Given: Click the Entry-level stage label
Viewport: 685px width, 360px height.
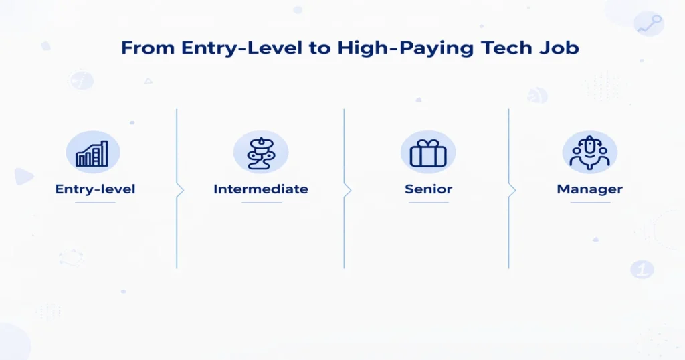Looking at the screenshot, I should pos(95,189).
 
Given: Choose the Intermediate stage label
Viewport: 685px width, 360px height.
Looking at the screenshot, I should pos(261,189).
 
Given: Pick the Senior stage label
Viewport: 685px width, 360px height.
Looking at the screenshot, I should pos(428,189).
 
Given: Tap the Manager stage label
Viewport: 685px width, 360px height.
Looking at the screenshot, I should pos(589,189).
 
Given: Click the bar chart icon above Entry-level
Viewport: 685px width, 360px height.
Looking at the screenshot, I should pos(92,153).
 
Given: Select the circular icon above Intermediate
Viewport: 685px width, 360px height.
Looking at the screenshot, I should pos(260,153).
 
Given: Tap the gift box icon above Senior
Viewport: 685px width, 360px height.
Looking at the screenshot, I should pos(427,153).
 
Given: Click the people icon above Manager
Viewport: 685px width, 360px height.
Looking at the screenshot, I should pos(589,153).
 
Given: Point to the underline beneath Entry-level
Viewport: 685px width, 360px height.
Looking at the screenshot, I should pos(95,202).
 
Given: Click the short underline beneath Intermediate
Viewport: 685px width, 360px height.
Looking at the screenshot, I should pos(261,202).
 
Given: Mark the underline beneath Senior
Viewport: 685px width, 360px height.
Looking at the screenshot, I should pos(428,202).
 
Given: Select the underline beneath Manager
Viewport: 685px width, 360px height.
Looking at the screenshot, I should pos(589,202).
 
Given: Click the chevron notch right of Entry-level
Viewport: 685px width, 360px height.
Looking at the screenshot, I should pos(181,190).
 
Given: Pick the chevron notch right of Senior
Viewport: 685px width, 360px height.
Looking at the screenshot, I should pos(512,190).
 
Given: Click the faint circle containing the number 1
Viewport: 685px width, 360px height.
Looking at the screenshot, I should pos(642,270).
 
